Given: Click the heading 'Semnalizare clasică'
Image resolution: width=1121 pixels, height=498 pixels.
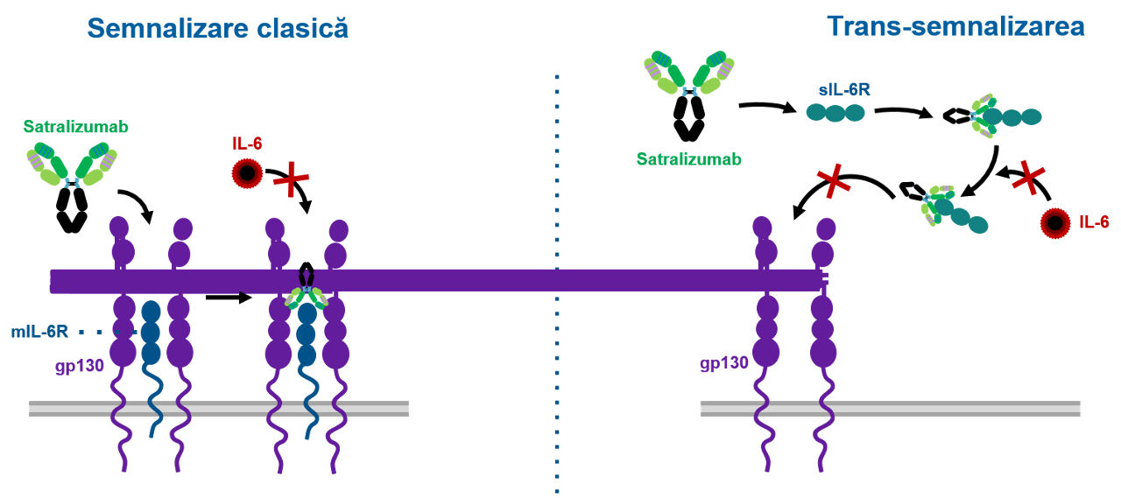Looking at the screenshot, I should coord(218,28).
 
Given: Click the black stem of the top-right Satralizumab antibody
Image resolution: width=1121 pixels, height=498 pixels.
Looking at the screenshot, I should coord(690,118).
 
